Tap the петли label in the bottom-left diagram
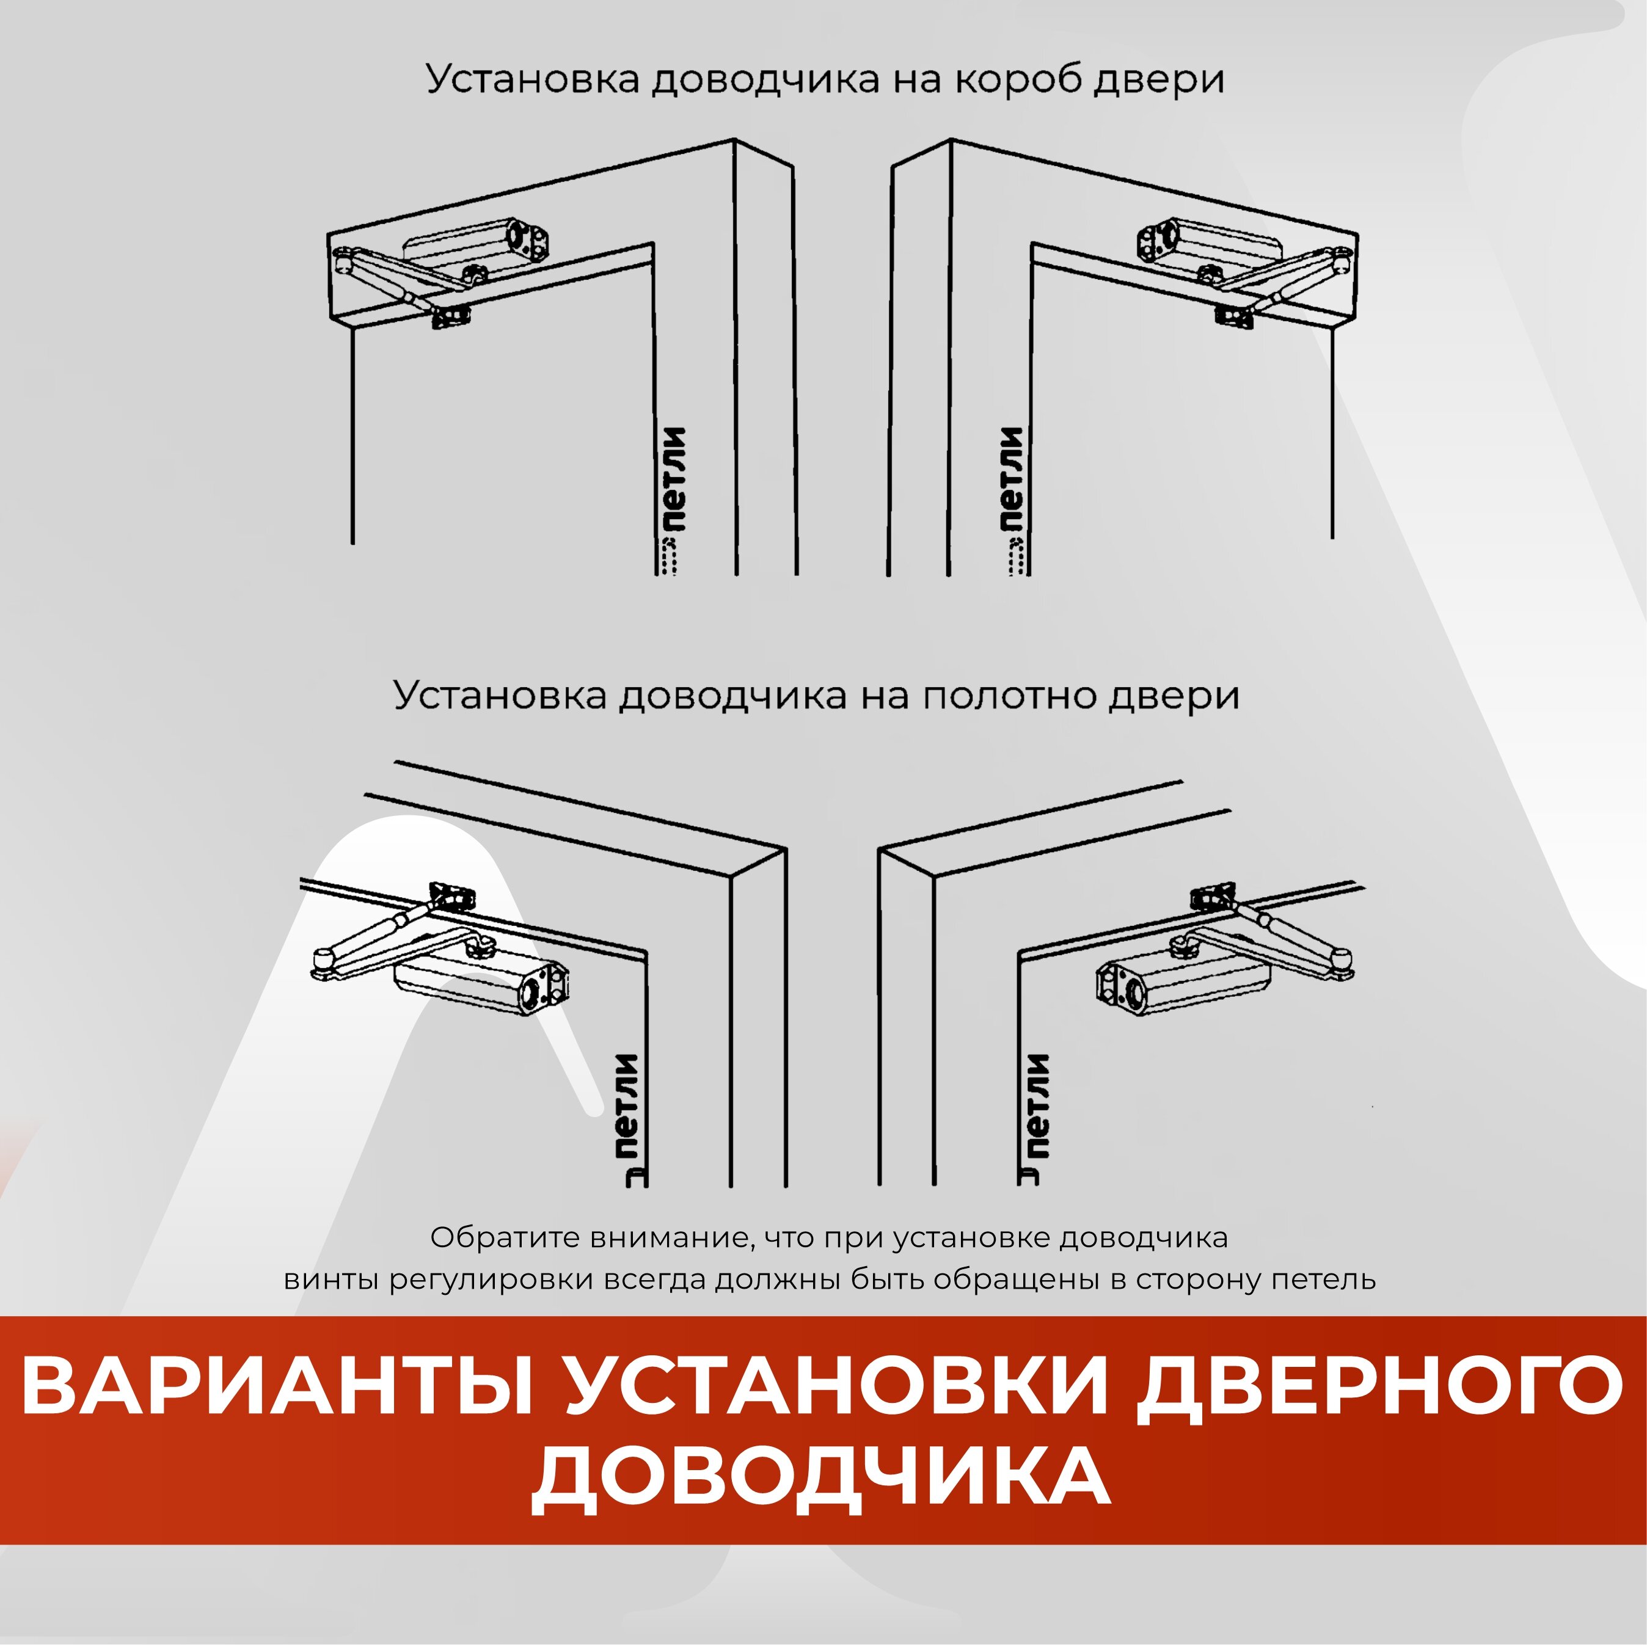tap(627, 1107)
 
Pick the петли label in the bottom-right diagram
tap(1037, 1107)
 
